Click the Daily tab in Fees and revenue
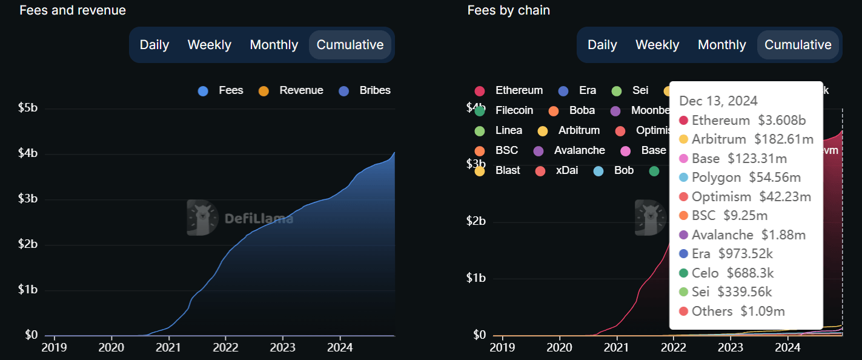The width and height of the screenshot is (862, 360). [x=154, y=45]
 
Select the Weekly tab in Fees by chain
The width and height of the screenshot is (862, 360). [x=657, y=45]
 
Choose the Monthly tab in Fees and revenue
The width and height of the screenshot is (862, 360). [x=274, y=45]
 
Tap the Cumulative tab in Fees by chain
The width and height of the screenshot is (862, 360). [x=798, y=45]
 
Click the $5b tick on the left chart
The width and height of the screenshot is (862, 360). [x=27, y=108]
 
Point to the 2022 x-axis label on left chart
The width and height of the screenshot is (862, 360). [x=225, y=348]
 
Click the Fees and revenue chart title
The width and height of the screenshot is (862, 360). [x=73, y=10]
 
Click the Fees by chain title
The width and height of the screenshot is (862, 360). [x=508, y=10]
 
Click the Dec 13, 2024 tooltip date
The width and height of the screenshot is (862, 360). [x=718, y=101]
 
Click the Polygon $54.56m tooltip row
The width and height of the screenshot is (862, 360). [x=746, y=178]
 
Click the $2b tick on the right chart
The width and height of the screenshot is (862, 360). [x=476, y=221]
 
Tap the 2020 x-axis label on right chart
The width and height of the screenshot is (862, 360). [x=560, y=348]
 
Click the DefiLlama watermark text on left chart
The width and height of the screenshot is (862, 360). [x=258, y=219]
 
